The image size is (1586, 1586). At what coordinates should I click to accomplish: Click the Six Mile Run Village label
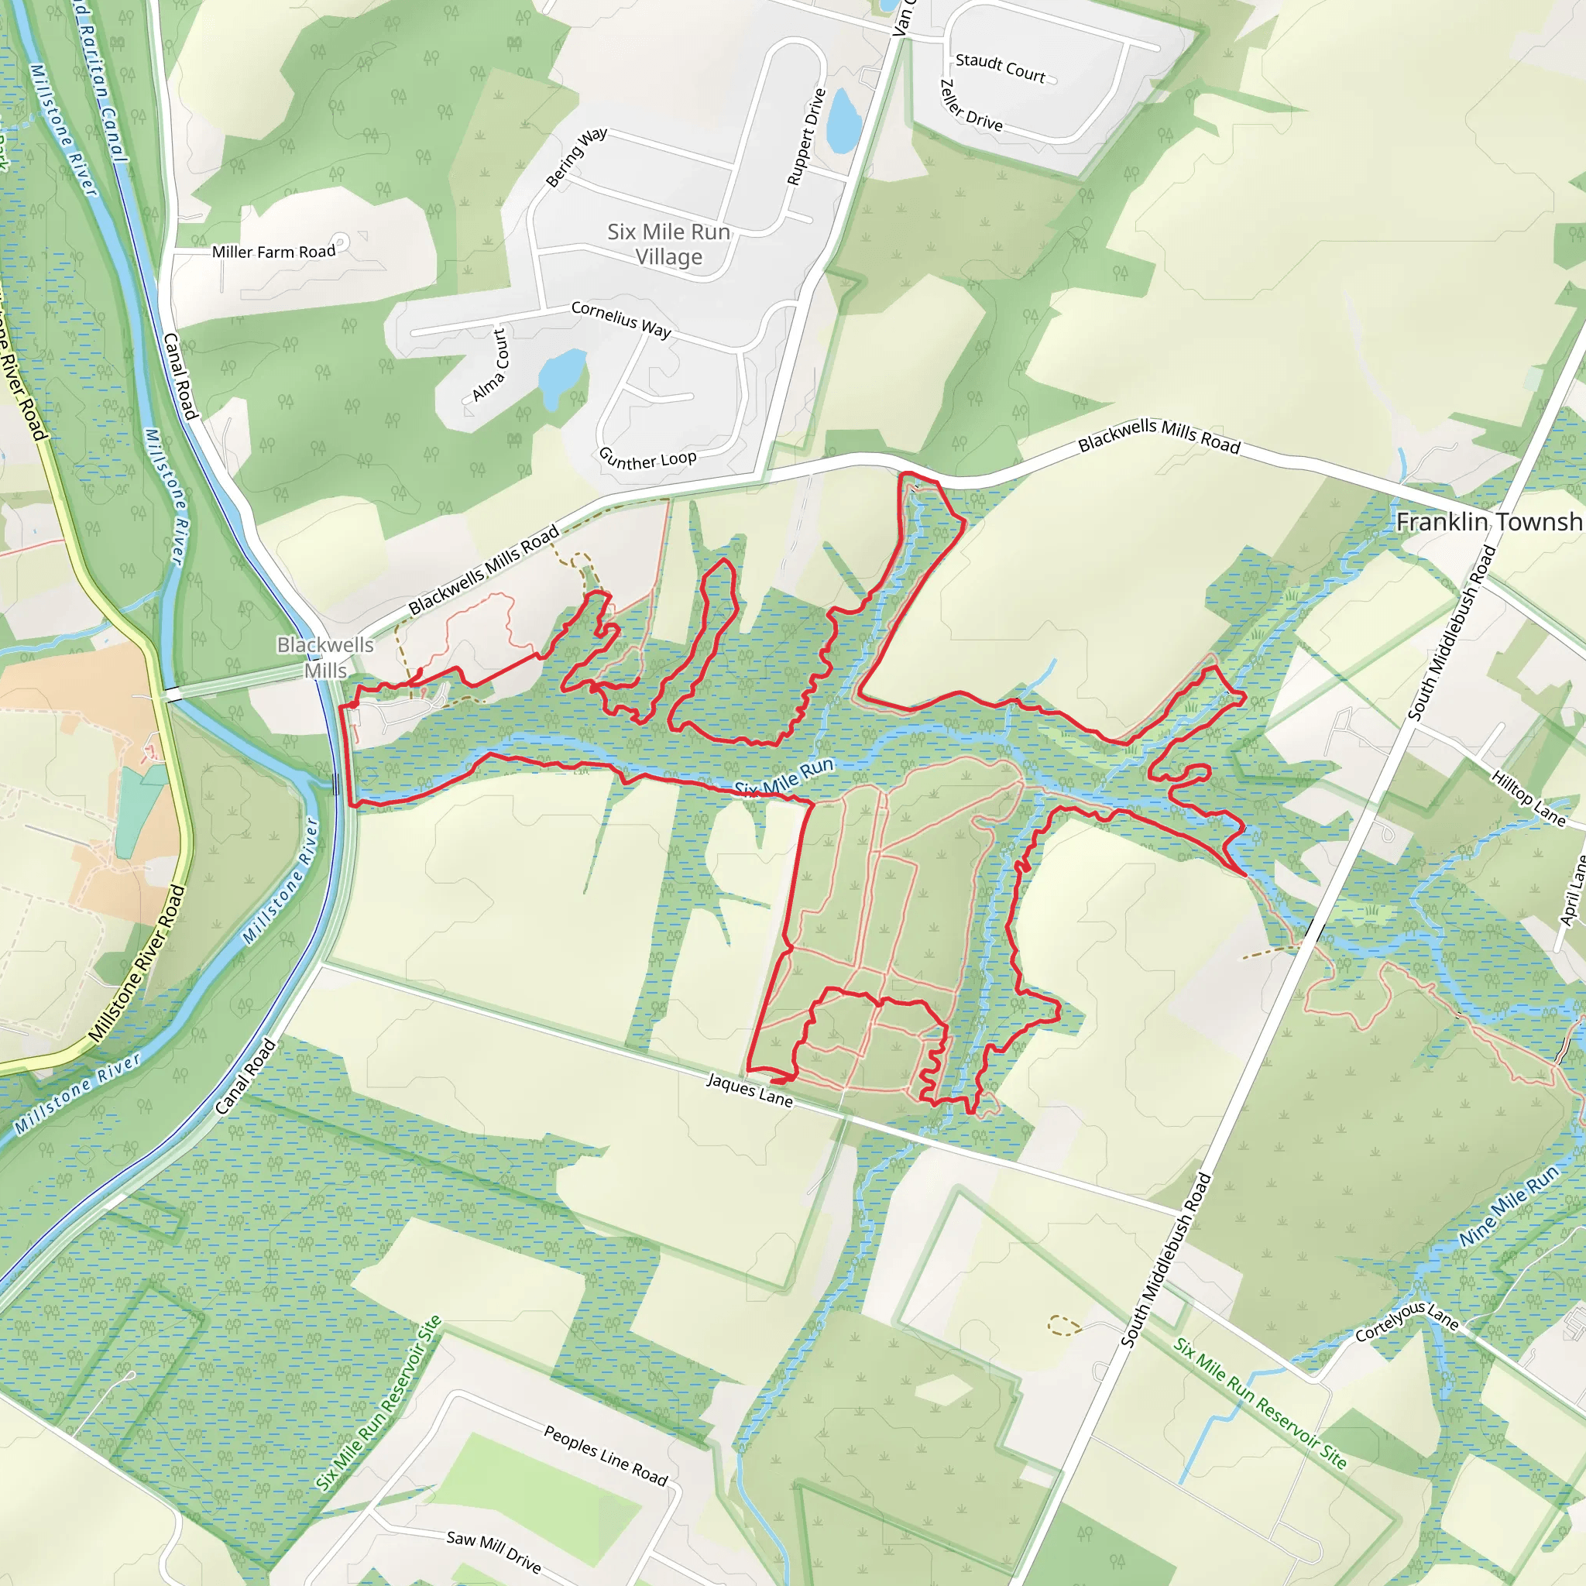(x=668, y=245)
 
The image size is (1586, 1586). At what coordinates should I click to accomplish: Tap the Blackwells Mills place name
(x=325, y=657)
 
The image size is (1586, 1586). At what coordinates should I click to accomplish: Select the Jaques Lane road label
(x=750, y=1090)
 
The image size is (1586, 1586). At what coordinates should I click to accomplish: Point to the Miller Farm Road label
(x=273, y=252)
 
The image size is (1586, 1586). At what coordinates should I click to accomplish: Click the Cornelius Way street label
(x=620, y=318)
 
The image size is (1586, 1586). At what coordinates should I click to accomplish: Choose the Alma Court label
(x=490, y=366)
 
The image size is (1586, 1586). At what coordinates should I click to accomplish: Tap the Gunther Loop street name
(x=647, y=458)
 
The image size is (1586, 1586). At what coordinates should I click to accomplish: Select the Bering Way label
(x=576, y=156)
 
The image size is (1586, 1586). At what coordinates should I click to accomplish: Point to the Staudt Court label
(x=1000, y=68)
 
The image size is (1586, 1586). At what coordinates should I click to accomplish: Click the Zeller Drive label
(x=970, y=106)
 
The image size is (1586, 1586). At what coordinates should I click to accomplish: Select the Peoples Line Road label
(x=606, y=1455)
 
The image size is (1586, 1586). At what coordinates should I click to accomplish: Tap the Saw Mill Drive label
(x=493, y=1550)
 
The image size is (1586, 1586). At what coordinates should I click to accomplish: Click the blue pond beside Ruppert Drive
(x=843, y=122)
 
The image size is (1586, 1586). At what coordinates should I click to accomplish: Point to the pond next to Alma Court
(x=561, y=373)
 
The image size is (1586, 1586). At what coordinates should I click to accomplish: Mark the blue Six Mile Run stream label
(x=783, y=777)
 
